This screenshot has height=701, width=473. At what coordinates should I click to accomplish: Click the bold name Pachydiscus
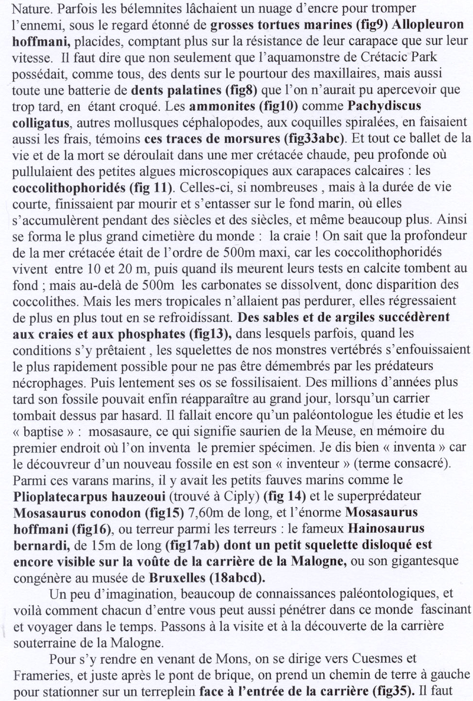pos(384,106)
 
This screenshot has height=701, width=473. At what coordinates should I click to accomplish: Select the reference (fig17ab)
pos(192,545)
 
